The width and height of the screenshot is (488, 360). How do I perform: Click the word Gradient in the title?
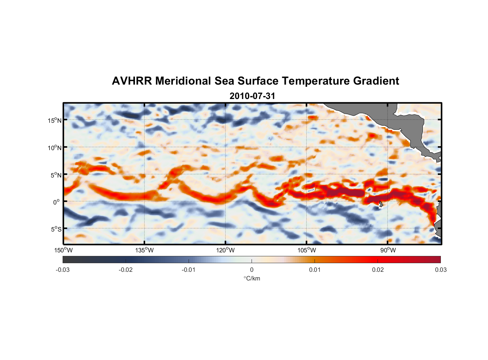(376, 81)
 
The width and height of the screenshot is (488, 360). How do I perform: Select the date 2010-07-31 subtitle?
(252, 96)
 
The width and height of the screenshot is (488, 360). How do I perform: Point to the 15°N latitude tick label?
(55, 120)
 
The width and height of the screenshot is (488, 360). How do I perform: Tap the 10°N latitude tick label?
(55, 148)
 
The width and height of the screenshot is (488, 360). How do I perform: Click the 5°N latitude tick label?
(56, 175)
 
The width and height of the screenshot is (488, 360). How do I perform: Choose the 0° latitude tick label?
(57, 202)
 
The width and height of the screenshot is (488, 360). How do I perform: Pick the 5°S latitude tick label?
(56, 229)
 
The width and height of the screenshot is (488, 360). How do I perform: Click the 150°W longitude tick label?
(63, 250)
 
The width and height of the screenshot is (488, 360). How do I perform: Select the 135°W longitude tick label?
(144, 250)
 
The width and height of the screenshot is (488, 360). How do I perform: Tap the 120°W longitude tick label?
(225, 250)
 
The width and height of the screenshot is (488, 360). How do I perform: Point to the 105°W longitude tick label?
(307, 250)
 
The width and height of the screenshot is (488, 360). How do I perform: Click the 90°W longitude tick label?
(388, 250)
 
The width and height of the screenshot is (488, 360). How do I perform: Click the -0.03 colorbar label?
(63, 270)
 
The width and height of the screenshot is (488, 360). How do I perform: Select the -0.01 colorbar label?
(189, 270)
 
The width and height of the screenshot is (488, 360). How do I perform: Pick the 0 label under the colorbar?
(252, 270)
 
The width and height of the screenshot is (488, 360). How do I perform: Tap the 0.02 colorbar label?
(378, 270)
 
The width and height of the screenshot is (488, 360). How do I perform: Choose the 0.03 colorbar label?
(440, 270)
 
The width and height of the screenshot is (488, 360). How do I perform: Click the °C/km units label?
(252, 278)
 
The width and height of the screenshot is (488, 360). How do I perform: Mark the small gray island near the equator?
(381, 204)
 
